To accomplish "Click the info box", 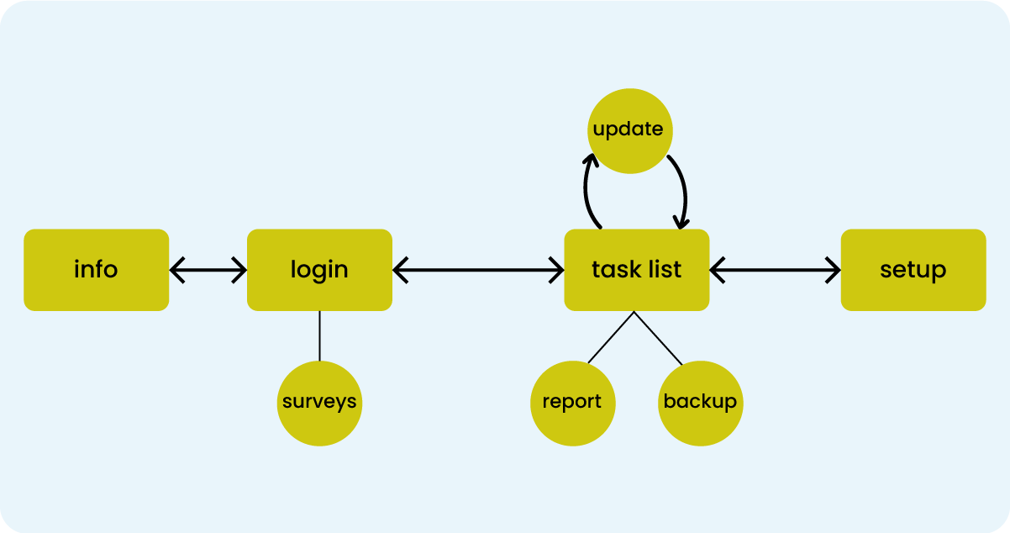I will pos(96,270).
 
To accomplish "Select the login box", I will pos(319,270).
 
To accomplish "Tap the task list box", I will pos(636,270).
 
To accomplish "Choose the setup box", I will pos(913,270).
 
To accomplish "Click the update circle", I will pos(629,130).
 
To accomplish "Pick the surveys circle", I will pos(319,403).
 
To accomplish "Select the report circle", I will pos(572,403).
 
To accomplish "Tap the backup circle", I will pos(700,403).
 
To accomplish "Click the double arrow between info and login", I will pos(208,270).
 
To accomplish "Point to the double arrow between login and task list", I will pos(478,270).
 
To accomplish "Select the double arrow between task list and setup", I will pos(775,270).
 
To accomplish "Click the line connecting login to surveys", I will pos(319,335).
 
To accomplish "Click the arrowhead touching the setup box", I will pos(834,270).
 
